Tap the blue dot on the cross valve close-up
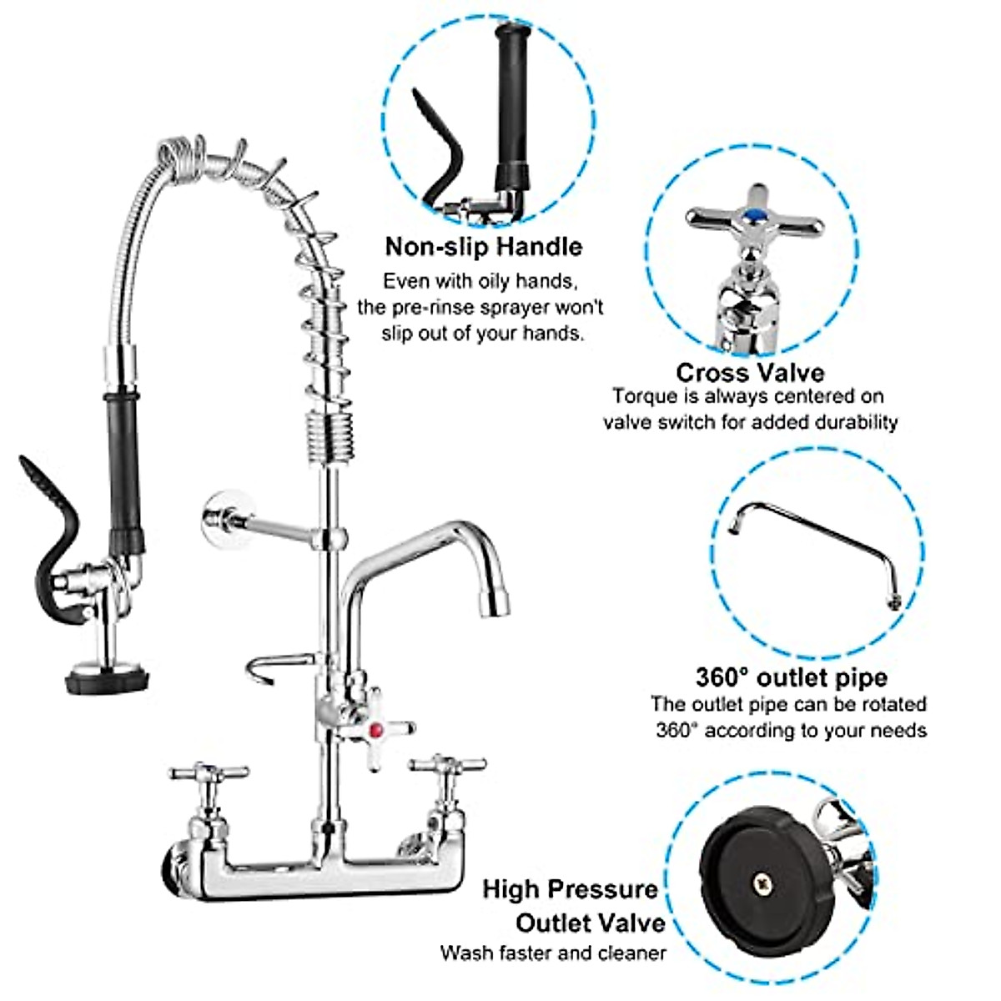pos(754,217)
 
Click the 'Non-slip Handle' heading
pos(484,247)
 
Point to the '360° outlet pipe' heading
pos(791,677)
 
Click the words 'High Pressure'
pos(570,889)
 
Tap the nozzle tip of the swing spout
pos(495,602)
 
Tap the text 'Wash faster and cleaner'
pos(553,953)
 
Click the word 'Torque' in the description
pos(641,396)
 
